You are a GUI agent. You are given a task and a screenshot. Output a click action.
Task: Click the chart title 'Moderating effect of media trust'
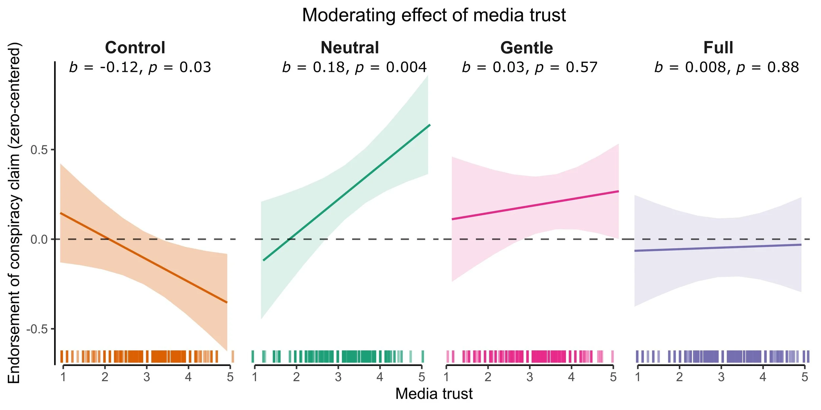(x=433, y=15)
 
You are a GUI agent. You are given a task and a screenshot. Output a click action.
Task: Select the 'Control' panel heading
(x=135, y=48)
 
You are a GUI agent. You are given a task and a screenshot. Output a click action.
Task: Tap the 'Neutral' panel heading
(x=350, y=48)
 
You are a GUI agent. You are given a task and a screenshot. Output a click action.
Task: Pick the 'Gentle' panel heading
(x=526, y=48)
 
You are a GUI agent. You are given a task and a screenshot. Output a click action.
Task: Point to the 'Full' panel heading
(x=718, y=48)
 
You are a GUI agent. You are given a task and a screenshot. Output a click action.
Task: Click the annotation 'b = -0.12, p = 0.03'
(x=140, y=68)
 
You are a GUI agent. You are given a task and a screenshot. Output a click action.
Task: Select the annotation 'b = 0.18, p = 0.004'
(x=354, y=68)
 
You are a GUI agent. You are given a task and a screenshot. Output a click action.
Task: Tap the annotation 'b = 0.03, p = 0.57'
(x=529, y=68)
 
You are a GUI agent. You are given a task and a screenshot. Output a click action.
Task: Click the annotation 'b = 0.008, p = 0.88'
(x=726, y=68)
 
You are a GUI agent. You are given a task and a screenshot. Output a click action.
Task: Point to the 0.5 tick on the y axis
(x=39, y=150)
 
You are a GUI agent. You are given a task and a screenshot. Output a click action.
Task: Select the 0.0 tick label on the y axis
(x=39, y=240)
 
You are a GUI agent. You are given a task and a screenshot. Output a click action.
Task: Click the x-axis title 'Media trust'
(x=433, y=394)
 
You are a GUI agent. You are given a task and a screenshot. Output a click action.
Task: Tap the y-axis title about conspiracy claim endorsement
(x=14, y=213)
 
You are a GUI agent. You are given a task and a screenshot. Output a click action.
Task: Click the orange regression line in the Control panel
(x=144, y=258)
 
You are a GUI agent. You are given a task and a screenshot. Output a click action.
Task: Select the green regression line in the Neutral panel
(x=346, y=193)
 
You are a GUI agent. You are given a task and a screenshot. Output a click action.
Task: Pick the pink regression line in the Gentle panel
(x=535, y=205)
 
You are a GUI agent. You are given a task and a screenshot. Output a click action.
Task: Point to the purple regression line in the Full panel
(x=718, y=248)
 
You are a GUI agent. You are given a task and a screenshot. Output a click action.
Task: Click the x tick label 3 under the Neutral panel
(x=338, y=377)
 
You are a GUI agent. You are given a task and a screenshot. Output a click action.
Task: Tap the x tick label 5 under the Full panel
(x=804, y=377)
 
